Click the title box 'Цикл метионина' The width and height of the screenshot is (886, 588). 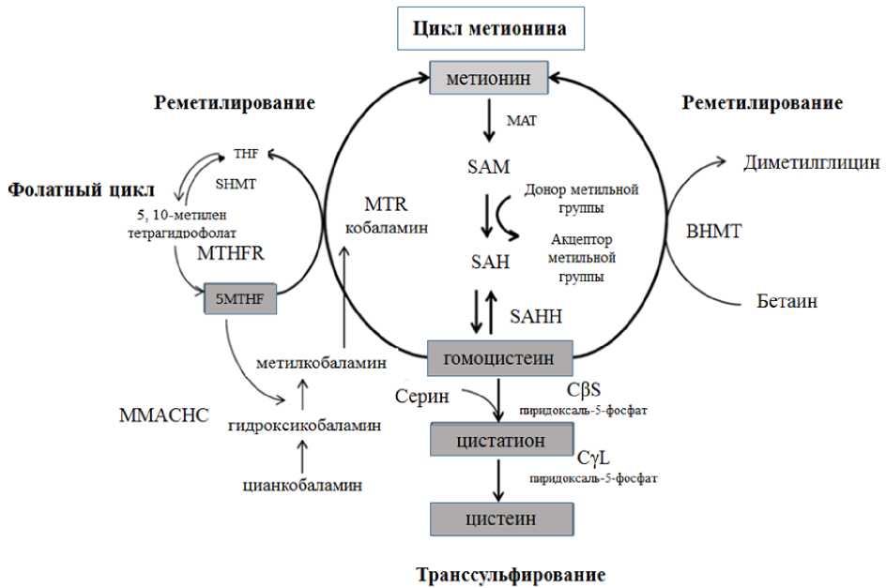(490, 29)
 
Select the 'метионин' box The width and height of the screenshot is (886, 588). (488, 79)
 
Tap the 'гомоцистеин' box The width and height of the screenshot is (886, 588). (500, 357)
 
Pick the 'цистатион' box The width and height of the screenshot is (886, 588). (500, 438)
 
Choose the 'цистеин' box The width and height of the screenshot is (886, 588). (500, 518)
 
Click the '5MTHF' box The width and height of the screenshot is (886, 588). (238, 298)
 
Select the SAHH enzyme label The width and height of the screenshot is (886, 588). (537, 317)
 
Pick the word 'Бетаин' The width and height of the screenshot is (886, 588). (787, 301)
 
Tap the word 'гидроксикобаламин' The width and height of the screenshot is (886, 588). (302, 425)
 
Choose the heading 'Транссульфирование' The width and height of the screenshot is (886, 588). (510, 574)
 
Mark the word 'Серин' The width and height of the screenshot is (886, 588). (419, 397)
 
